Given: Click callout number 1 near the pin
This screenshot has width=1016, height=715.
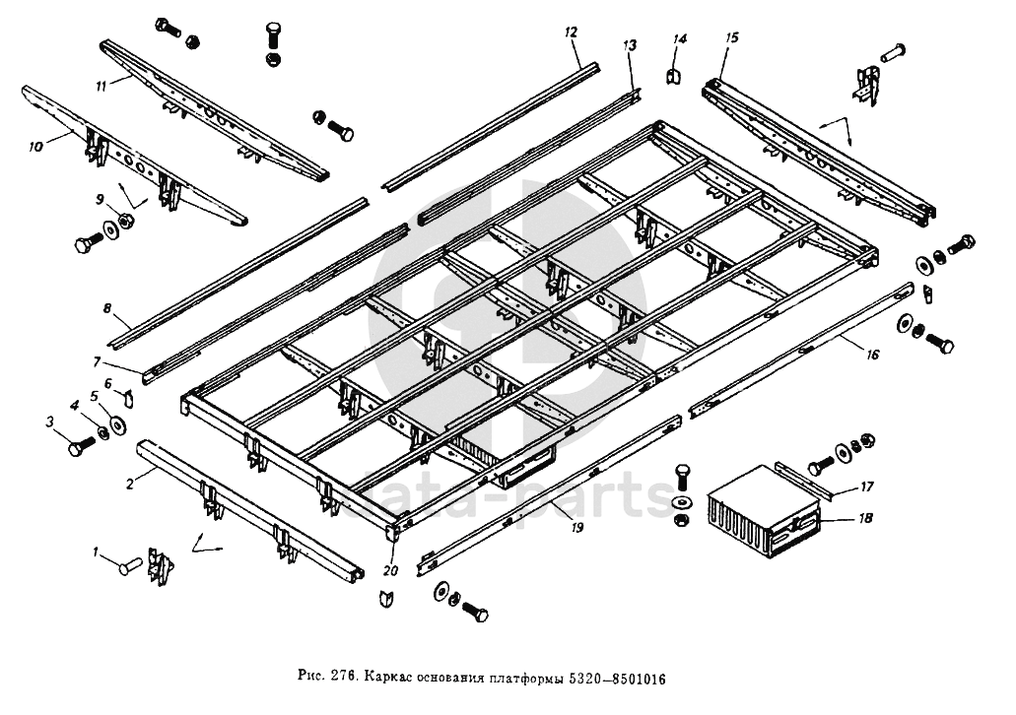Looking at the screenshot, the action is (96, 552).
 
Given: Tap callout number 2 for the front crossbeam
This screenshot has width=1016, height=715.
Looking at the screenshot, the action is (130, 484).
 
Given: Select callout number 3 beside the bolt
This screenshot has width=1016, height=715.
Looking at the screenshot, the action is (50, 422).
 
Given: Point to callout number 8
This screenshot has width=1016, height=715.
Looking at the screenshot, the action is (107, 308).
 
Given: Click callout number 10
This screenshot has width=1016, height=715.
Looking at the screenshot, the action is (35, 147).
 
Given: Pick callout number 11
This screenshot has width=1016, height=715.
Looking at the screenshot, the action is (101, 86).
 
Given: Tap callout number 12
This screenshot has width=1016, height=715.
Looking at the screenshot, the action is (571, 32).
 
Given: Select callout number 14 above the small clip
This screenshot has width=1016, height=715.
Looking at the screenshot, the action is (678, 38).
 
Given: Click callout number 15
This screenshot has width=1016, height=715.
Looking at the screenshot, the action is (731, 37).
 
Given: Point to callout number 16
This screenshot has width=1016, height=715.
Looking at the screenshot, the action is (873, 355).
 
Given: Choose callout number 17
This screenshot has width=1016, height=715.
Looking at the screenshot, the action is (866, 487).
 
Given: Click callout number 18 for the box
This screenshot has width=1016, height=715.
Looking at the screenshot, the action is (865, 518).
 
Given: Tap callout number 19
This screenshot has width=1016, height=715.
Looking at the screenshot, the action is (576, 527).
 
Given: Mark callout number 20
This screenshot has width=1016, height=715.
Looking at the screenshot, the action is (390, 570).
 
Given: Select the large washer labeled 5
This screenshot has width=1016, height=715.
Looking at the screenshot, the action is (118, 425).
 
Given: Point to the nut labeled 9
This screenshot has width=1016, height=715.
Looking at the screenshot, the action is (126, 221).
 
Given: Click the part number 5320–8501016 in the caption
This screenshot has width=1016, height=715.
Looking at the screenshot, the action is (617, 679).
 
